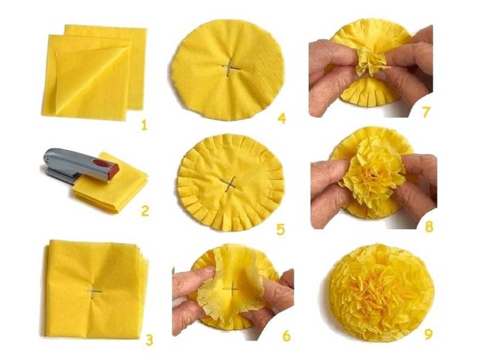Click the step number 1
click(x=144, y=125)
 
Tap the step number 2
click(x=145, y=211)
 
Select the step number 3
click(x=149, y=341)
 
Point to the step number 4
click(x=282, y=118)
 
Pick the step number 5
click(x=281, y=230)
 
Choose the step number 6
click(x=286, y=336)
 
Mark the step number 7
click(x=426, y=112)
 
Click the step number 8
click(x=429, y=227)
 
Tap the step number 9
click(x=429, y=334)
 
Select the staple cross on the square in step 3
click(x=94, y=292)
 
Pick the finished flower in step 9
click(x=377, y=292)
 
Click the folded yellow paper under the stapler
click(x=112, y=186)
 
